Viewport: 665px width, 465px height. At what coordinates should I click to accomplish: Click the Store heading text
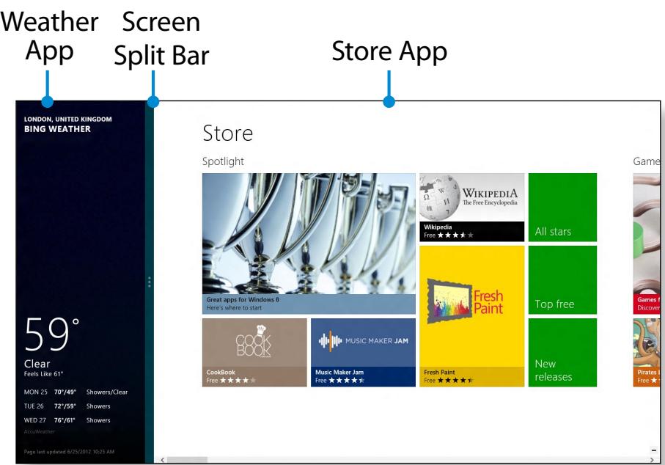coord(227,133)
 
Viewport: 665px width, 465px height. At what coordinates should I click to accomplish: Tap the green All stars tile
coord(562,208)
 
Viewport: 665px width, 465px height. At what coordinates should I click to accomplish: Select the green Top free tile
coord(562,280)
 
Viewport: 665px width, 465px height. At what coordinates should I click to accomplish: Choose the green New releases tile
coord(562,352)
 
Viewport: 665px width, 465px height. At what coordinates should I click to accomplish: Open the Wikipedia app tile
coord(471,208)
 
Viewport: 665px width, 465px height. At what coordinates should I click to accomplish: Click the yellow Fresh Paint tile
coord(471,315)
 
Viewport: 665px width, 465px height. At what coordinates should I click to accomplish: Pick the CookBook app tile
coord(254,352)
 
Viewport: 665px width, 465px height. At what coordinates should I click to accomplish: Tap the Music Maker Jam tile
coord(363,352)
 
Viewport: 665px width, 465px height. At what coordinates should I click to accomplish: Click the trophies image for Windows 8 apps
coord(309,242)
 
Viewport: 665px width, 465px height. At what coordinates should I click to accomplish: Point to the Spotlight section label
coord(223,161)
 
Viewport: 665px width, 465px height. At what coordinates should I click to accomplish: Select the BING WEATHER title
coord(58,129)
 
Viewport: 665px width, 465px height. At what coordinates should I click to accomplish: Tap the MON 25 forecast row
coord(76,392)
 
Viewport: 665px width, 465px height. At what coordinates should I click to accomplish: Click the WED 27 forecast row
coord(67,420)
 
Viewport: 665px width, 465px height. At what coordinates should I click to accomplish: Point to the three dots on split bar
coord(149,282)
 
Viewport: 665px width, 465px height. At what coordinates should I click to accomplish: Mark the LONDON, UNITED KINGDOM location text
coord(67,119)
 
